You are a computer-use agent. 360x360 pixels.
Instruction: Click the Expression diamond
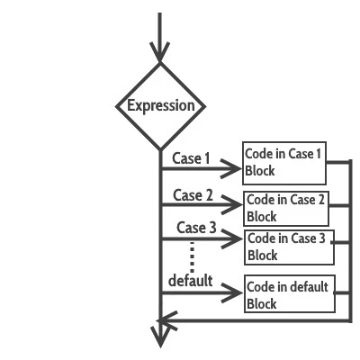[160, 106]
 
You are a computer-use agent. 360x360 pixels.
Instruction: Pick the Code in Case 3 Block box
[288, 247]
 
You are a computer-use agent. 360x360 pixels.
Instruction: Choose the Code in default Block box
[288, 295]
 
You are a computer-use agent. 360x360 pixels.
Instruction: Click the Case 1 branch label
[190, 158]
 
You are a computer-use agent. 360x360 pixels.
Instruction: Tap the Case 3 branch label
[196, 228]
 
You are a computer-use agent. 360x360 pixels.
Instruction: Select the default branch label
[190, 281]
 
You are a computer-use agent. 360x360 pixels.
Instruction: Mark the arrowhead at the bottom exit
[160, 337]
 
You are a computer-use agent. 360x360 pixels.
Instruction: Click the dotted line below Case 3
[192, 255]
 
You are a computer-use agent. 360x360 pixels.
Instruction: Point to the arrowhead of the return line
[166, 319]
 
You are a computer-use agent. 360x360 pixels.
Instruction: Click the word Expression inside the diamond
[160, 106]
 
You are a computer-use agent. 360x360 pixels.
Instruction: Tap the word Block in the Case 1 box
[260, 171]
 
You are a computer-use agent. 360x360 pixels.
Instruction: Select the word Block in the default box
[262, 304]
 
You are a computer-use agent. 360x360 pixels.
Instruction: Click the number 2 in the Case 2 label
[208, 195]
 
